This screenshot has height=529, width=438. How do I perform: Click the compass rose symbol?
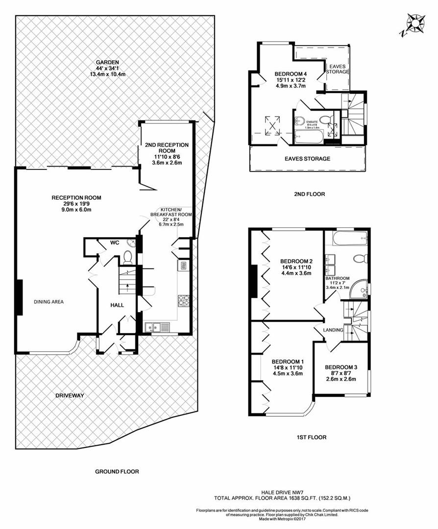pyautogui.click(x=415, y=24)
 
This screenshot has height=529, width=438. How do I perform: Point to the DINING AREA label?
pyautogui.click(x=49, y=302)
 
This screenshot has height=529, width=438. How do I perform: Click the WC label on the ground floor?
pyautogui.click(x=115, y=242)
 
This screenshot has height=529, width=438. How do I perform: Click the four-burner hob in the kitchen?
pyautogui.click(x=183, y=300)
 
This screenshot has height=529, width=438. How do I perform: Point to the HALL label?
pyautogui.click(x=117, y=305)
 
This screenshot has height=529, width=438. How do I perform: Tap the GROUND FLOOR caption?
pyautogui.click(x=117, y=472)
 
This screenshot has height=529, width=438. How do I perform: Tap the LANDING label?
pyautogui.click(x=333, y=330)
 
